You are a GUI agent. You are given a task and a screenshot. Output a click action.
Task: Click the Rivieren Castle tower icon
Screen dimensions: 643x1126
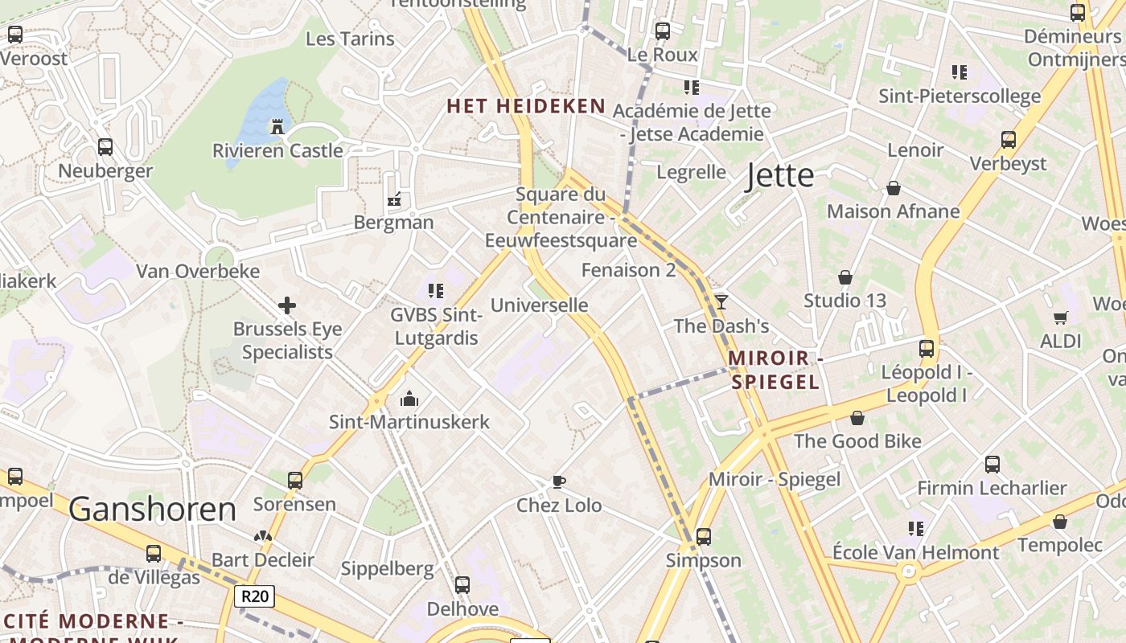coord(277,126)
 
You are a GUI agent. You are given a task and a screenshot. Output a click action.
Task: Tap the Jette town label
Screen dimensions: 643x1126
coord(779,175)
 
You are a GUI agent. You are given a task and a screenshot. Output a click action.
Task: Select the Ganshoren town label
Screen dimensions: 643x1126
coord(153,509)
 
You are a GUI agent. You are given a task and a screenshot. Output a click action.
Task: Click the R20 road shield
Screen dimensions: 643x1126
coord(254,596)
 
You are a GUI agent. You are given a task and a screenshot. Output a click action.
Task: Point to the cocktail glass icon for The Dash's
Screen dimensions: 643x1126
coord(721,301)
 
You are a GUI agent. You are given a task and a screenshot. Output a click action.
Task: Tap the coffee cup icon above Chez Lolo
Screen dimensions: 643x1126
coord(559,481)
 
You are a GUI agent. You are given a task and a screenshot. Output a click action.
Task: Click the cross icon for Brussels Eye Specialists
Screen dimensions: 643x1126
coord(287,305)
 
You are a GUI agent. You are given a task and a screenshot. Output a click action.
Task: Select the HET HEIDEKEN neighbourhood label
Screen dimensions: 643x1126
coord(526,106)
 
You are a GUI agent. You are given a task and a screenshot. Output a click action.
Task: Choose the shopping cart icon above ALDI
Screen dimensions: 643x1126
coord(1061,317)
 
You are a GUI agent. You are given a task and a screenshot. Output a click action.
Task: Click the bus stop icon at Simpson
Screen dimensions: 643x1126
coord(704,536)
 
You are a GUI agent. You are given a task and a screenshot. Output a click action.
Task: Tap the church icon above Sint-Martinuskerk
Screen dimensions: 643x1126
coord(409,398)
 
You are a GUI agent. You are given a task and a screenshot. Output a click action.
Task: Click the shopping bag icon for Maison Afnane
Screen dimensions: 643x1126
coord(893,188)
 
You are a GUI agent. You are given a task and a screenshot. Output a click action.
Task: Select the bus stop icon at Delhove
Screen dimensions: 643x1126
coord(462,584)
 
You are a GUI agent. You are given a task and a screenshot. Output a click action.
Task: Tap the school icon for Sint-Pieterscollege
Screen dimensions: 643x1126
coord(959,72)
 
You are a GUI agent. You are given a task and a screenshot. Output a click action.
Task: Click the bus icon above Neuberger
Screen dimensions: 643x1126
coord(105,147)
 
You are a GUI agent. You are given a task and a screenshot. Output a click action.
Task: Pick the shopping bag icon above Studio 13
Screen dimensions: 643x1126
coord(845,277)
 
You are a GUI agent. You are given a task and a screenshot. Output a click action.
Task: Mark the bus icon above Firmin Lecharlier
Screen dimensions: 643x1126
coord(992,464)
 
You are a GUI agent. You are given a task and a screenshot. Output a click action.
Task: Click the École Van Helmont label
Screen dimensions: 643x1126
coord(915,553)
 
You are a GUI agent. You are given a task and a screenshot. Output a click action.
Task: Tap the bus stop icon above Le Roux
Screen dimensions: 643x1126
coord(662,31)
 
